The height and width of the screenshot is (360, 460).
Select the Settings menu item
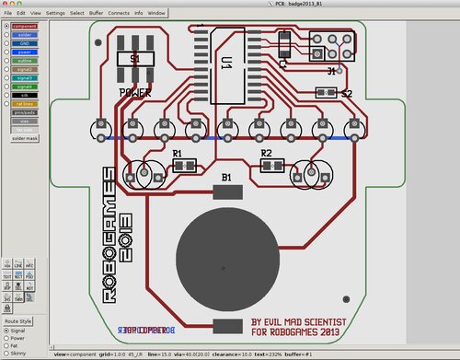tap(55, 14)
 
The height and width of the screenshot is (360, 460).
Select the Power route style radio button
tap(7, 336)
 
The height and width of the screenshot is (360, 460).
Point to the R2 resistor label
tap(267, 153)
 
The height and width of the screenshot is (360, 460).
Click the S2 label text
tap(347, 94)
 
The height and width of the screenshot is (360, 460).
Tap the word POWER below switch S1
tap(135, 93)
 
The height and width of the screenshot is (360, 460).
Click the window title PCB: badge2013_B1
tap(230, 5)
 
